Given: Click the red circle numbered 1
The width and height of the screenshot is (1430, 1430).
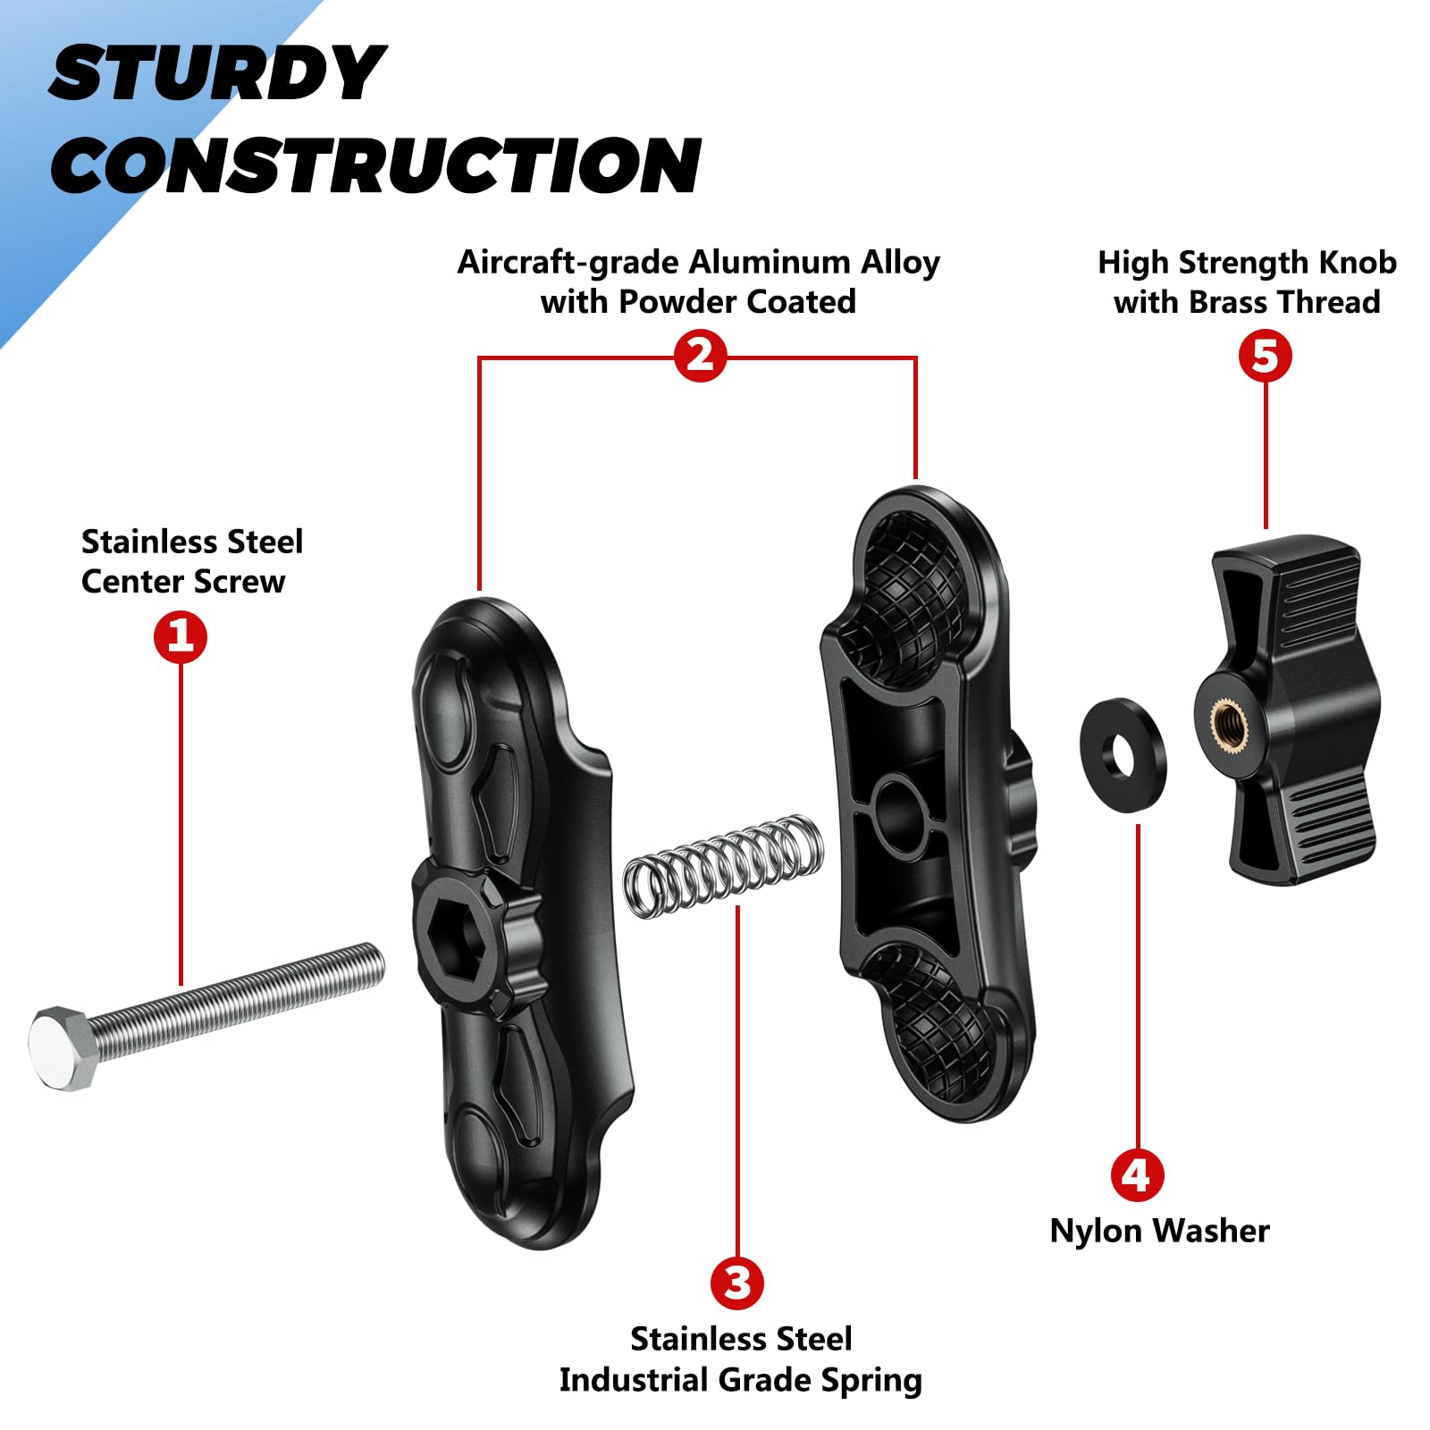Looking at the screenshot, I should (181, 637).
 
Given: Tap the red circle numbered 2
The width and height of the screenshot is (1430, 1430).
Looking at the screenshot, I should (700, 357).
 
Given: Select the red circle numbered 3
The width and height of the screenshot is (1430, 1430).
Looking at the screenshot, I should (737, 1283).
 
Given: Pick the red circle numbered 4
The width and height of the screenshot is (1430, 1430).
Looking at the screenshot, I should (1137, 1175).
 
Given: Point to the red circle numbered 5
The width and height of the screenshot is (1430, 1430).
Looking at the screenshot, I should (1266, 356).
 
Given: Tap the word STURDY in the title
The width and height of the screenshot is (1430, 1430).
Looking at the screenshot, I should (217, 73).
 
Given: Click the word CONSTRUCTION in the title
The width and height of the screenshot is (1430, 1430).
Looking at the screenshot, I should (375, 165).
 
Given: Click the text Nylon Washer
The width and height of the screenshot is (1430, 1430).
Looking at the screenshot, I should (1159, 1231).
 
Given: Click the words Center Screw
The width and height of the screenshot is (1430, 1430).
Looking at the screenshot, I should (183, 582).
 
